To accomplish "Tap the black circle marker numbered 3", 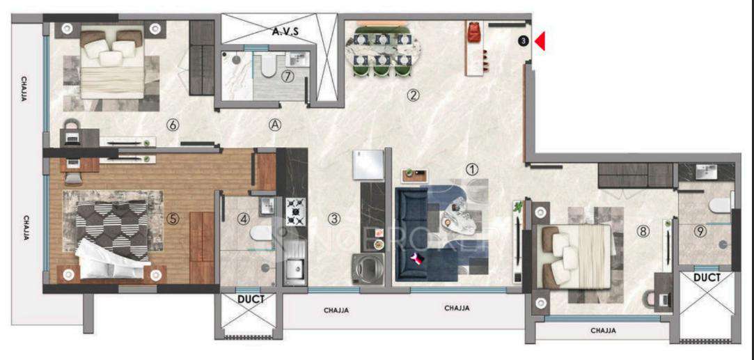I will pos(523,42).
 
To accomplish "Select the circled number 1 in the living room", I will pos(472,169).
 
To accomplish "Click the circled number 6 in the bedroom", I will pos(173,125).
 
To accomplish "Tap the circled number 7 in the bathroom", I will pos(286,77).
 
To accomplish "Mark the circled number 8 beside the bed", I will pos(643,233).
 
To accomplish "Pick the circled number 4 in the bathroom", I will pos(244,218).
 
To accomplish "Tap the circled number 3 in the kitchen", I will pos(335,218).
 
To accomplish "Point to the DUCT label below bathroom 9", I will pos(707,276).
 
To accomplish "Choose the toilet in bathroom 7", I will pos(267,66).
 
